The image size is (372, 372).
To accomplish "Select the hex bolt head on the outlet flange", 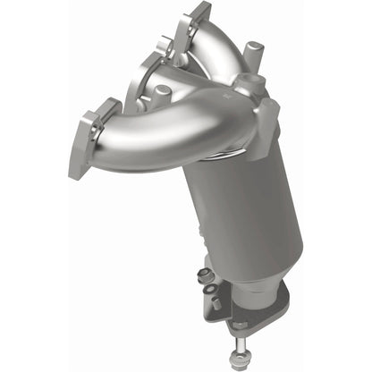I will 239,325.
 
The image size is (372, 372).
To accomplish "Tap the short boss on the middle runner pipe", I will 164,92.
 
